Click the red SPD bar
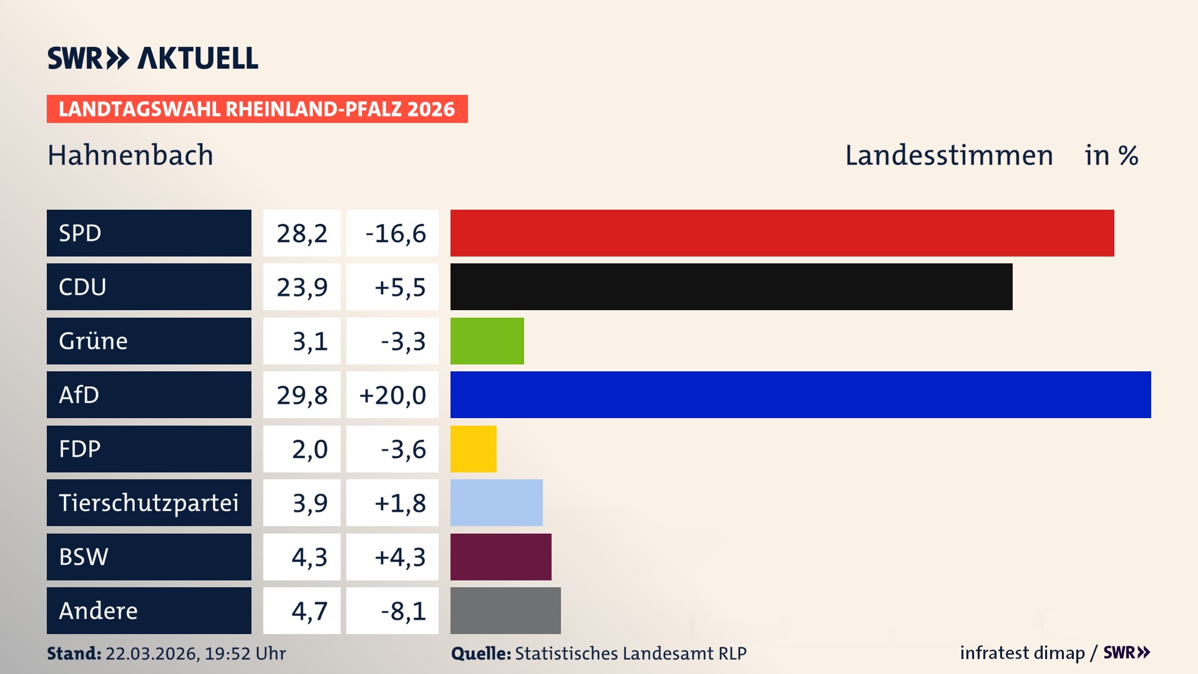point(782,233)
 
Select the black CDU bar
point(731,287)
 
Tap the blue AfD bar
point(801,394)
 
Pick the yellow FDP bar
point(473,449)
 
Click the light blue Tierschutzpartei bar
point(496,502)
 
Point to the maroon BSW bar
point(500,557)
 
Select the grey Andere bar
point(505,610)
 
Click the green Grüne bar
point(487,341)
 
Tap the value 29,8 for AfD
point(302,395)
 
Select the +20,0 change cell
point(392,395)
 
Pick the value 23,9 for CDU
point(302,287)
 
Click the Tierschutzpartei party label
point(149,502)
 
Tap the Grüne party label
point(94,341)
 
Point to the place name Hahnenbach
point(130,155)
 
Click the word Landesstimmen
point(948,155)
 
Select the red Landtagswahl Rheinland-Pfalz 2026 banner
point(257,109)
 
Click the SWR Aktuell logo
point(153,58)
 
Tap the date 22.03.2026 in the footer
point(152,653)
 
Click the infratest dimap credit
point(1022,653)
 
